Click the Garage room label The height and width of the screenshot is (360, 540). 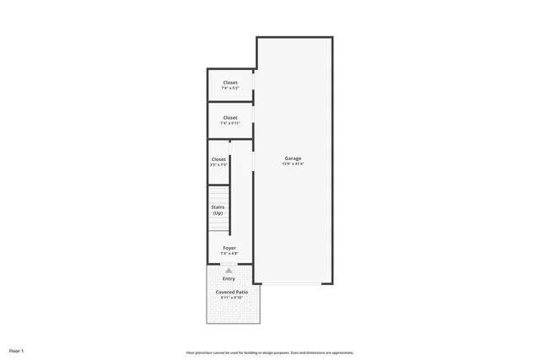293,159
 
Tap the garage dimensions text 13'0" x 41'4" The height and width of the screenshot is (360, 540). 293,164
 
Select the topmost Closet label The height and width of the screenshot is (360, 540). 230,83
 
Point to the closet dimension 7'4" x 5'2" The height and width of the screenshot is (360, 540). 230,89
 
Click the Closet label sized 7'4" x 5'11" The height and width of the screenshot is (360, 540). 230,117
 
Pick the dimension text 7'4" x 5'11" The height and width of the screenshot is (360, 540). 230,124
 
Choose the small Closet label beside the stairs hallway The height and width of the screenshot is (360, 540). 219,159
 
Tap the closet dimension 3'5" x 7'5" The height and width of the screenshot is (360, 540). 219,165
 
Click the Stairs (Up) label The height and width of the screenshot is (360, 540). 218,210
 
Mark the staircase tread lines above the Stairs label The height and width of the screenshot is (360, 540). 219,193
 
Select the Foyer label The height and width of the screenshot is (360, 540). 229,248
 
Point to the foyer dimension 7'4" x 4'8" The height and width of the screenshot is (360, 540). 229,254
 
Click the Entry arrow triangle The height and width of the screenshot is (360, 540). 229,270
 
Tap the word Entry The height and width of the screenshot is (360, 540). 229,278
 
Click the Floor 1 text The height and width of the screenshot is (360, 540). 16,350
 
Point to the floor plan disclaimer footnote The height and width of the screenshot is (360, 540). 269,352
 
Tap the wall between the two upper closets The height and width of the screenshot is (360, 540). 230,102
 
